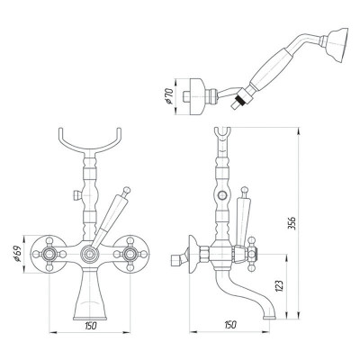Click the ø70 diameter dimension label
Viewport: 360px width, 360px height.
coord(169,96)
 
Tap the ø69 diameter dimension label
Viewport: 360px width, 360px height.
coord(18,255)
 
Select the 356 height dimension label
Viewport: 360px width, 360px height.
coord(292,222)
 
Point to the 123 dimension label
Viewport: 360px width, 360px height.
coord(279,286)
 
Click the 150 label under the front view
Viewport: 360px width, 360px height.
coord(91,326)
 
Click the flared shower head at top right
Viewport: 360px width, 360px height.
coord(338,45)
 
